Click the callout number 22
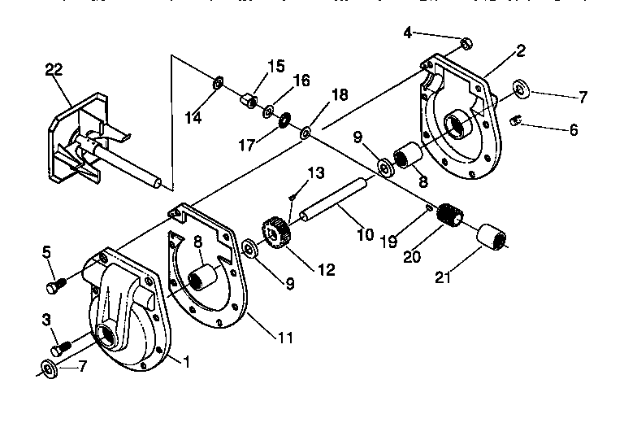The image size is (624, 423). [54, 70]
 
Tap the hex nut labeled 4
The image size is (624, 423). [466, 41]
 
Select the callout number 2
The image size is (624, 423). [520, 50]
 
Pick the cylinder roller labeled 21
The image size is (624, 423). [495, 237]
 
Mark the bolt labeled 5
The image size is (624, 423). [55, 285]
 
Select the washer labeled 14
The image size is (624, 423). [218, 83]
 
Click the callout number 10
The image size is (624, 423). [365, 234]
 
